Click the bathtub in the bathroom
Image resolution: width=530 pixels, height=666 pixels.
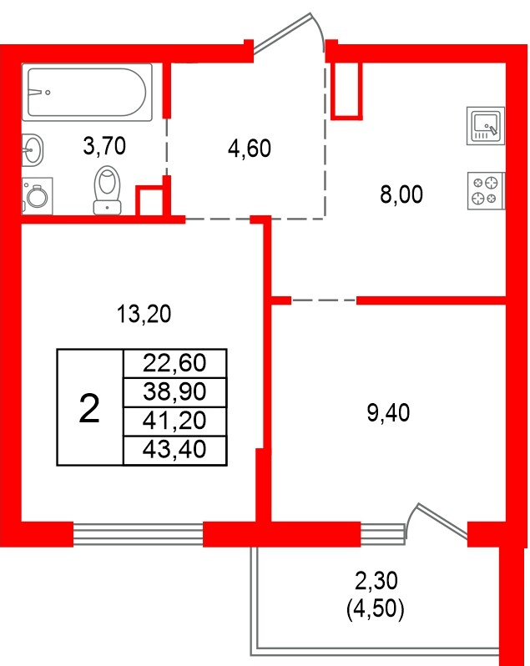89,92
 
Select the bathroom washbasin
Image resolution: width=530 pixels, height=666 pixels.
33,151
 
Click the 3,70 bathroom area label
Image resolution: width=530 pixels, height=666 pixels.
104,148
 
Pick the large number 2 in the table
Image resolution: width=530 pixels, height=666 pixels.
88,409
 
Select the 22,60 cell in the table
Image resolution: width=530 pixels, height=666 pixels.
174,363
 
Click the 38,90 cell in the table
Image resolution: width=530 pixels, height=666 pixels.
174,391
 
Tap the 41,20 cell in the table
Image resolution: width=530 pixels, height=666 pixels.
174,420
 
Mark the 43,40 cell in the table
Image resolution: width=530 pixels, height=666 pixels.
174,450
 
